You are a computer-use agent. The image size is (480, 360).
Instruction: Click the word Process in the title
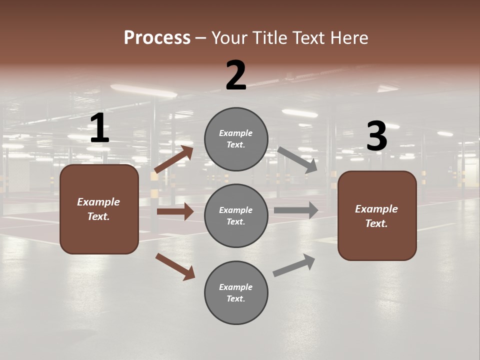(x=157, y=38)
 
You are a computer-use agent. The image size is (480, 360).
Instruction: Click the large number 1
(x=99, y=128)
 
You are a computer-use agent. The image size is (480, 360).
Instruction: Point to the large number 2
(x=236, y=76)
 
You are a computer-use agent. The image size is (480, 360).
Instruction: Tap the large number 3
(x=377, y=136)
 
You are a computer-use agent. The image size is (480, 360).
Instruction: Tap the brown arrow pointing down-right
(x=175, y=266)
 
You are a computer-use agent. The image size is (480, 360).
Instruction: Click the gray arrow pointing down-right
(x=297, y=160)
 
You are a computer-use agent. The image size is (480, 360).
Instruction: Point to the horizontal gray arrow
(x=296, y=210)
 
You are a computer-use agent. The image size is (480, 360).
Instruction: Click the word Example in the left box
(x=98, y=202)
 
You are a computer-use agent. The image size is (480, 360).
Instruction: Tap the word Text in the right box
(x=376, y=223)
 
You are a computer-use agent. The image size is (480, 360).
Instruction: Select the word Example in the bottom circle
(x=236, y=287)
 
